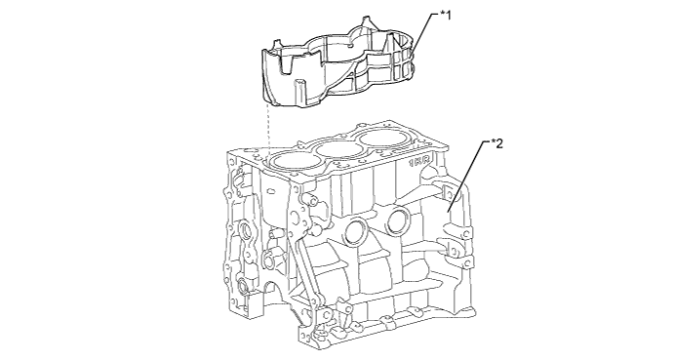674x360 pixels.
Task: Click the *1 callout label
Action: click(x=446, y=16)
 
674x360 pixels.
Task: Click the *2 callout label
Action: click(x=496, y=143)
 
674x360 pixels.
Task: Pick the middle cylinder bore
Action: click(x=338, y=149)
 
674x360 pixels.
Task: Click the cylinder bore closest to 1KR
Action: click(x=381, y=139)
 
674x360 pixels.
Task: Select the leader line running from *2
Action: click(x=468, y=177)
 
